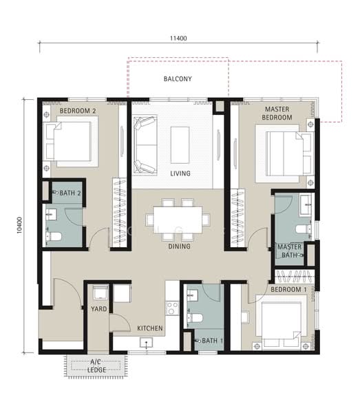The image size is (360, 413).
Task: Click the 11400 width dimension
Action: pos(178,38)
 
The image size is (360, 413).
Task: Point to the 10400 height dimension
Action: pos(19,225)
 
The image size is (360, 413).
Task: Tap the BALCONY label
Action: pos(178,78)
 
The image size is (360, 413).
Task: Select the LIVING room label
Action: pos(180,173)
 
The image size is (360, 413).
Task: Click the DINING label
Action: pos(180,246)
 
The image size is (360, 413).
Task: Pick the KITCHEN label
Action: pos(150,328)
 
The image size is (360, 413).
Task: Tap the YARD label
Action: pos(98,308)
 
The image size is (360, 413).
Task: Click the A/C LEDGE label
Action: pos(96,366)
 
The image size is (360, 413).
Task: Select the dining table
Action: pos(178,220)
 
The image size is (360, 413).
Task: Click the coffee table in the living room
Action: pos(180,145)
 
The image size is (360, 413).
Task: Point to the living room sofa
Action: pos(145,145)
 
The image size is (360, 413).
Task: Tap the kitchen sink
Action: pos(146,343)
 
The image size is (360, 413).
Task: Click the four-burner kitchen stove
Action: pos(172,308)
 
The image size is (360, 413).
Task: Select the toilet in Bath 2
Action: pos(54,236)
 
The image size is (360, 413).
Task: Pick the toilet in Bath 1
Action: pos(195,317)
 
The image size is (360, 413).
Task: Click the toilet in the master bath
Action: pos(304,229)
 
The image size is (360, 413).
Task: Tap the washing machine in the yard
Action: pos(100,293)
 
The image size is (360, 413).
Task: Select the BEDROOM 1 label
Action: pos(288,290)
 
